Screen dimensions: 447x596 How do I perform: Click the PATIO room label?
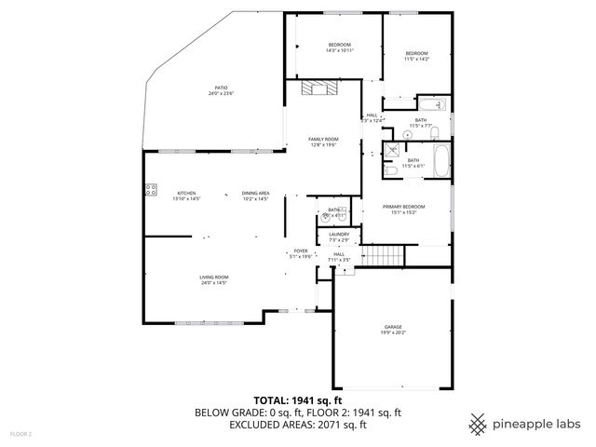click(221, 88)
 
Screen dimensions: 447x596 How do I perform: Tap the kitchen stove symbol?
click(149, 192)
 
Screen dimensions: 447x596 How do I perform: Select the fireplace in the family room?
click(322, 90)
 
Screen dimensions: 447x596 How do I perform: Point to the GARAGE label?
click(394, 327)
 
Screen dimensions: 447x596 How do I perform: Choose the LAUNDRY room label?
click(339, 235)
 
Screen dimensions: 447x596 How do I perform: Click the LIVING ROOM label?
click(213, 278)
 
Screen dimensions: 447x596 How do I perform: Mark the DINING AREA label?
click(256, 193)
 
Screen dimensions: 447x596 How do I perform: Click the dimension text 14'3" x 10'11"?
click(339, 51)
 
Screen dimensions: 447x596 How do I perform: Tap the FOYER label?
click(301, 251)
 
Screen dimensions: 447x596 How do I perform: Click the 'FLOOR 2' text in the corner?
click(21, 434)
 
